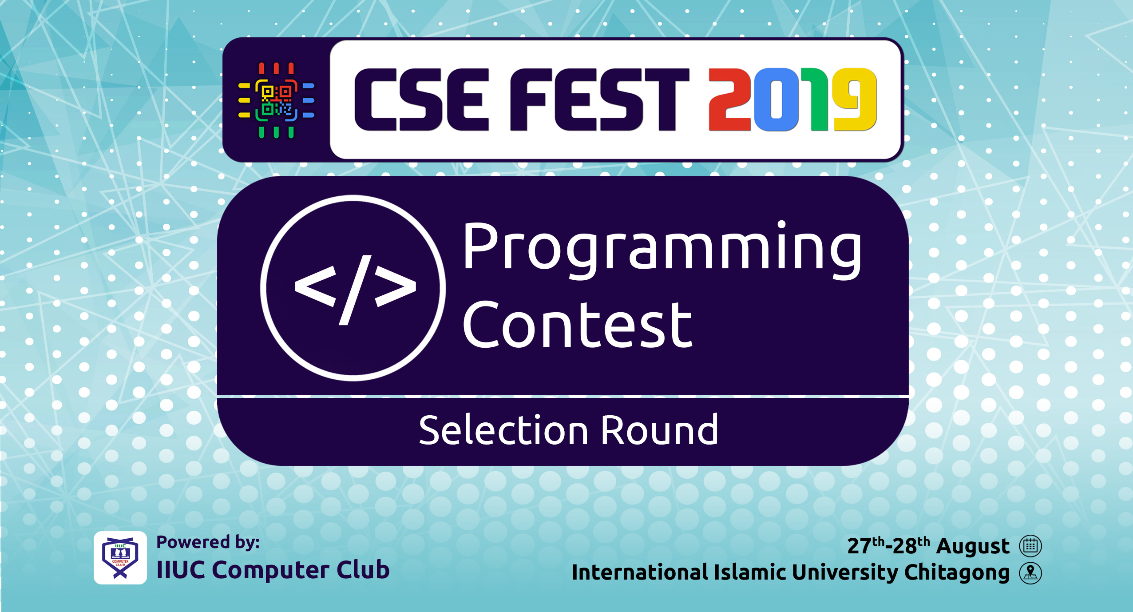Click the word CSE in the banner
pyautogui.click(x=421, y=100)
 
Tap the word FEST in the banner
pyautogui.click(x=599, y=100)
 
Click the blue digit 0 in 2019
pyautogui.click(x=776, y=100)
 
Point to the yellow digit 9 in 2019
pyautogui.click(x=855, y=100)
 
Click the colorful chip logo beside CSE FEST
pyautogui.click(x=276, y=100)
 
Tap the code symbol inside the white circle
pyautogui.click(x=355, y=290)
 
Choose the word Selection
pyautogui.click(x=503, y=430)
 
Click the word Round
pyautogui.click(x=660, y=430)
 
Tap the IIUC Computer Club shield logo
pyautogui.click(x=120, y=558)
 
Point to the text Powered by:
pyautogui.click(x=208, y=543)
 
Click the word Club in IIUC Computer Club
pyautogui.click(x=363, y=569)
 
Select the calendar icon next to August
pyautogui.click(x=1030, y=546)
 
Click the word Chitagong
pyautogui.click(x=957, y=573)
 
